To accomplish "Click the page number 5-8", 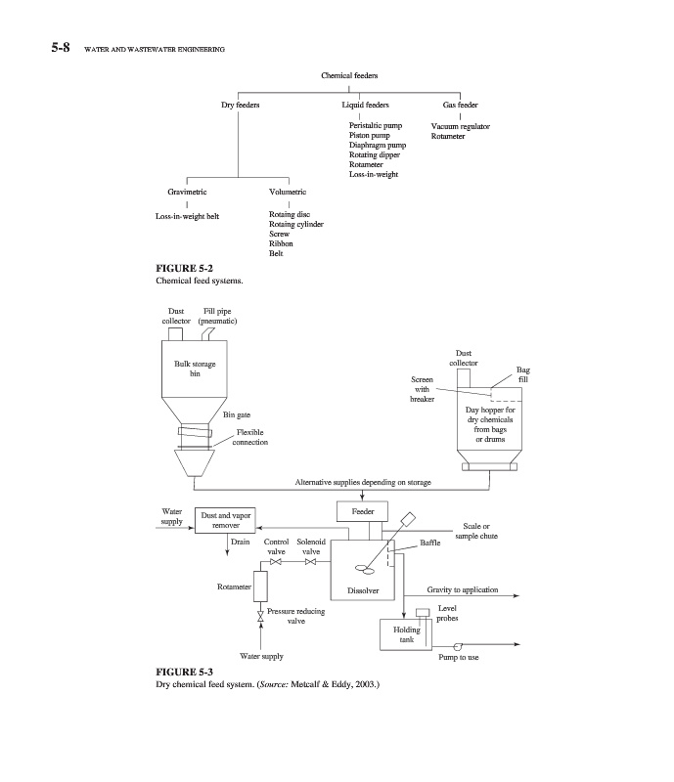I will point(66,47).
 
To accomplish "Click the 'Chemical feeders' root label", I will point(349,75).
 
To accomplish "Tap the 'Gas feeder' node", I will point(460,105).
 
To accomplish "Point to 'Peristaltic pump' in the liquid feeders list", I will point(375,126).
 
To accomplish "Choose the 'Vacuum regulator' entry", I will point(460,126).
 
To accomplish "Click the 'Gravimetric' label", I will point(187,193).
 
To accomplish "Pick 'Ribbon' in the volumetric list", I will point(280,243).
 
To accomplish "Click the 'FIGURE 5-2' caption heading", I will point(185,267).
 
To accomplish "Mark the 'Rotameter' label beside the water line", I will point(234,586).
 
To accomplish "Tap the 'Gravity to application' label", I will point(463,590).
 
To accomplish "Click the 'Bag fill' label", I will point(523,375).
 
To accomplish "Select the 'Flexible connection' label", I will point(250,437).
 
